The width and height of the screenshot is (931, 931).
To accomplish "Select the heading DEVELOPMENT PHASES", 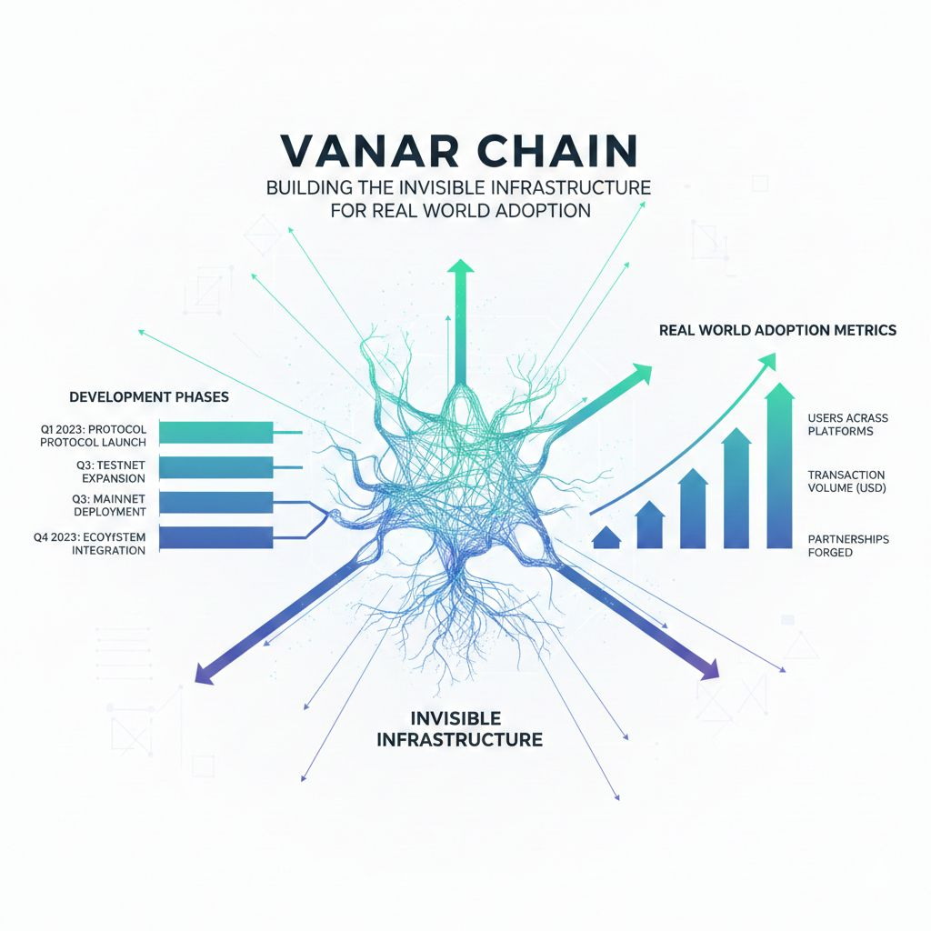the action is [149, 397].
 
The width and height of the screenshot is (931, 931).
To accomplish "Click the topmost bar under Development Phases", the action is [215, 432].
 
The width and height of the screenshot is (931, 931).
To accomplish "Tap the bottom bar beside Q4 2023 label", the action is [215, 537].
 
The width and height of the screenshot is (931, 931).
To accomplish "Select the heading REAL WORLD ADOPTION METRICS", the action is [777, 330].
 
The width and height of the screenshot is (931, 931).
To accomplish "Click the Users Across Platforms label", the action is [847, 424].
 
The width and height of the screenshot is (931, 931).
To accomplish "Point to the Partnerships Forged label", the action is [847, 546].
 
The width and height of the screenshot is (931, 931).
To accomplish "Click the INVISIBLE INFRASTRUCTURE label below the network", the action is [459, 727].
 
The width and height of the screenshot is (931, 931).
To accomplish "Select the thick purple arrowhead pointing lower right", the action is [706, 668].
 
